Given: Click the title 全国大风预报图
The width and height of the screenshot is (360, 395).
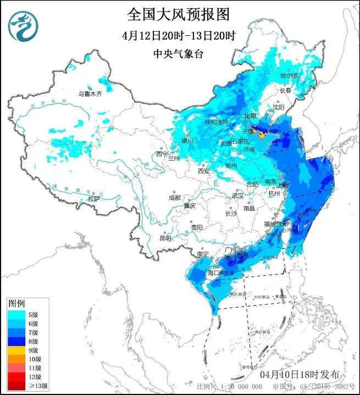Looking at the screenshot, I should [179, 14].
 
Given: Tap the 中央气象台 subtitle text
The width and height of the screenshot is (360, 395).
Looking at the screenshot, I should [179, 53].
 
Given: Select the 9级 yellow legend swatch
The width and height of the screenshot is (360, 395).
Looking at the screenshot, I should [14, 350].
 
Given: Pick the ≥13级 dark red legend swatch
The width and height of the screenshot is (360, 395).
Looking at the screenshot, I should [14, 386].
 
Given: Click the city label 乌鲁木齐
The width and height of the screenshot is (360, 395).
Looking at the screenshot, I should [90, 94].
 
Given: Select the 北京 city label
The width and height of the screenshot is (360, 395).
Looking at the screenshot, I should [250, 116].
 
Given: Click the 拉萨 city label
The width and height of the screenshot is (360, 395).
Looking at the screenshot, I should [94, 199].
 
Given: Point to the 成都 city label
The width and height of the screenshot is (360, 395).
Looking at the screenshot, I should [175, 197].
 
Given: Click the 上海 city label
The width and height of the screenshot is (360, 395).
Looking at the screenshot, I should [283, 185].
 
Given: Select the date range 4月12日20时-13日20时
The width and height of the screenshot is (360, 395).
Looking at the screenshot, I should [179, 36].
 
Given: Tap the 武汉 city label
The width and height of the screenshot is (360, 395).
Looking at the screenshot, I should [237, 195].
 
